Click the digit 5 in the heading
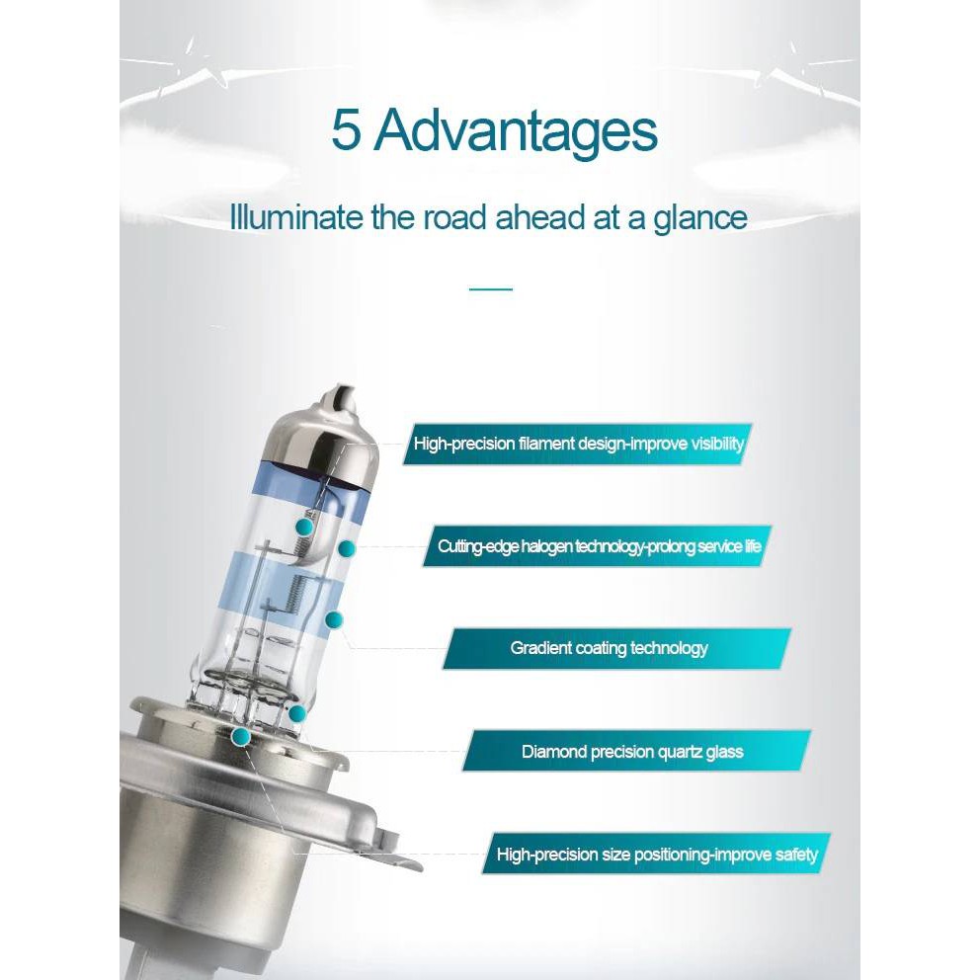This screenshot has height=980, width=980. pyautogui.click(x=346, y=130)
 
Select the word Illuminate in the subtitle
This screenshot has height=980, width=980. pyautogui.click(x=296, y=217)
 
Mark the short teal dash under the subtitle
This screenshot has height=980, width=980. pyautogui.click(x=491, y=289)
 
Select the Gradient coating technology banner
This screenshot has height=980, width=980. pyautogui.click(x=616, y=649)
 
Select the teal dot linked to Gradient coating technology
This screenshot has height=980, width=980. pyautogui.click(x=334, y=619)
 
